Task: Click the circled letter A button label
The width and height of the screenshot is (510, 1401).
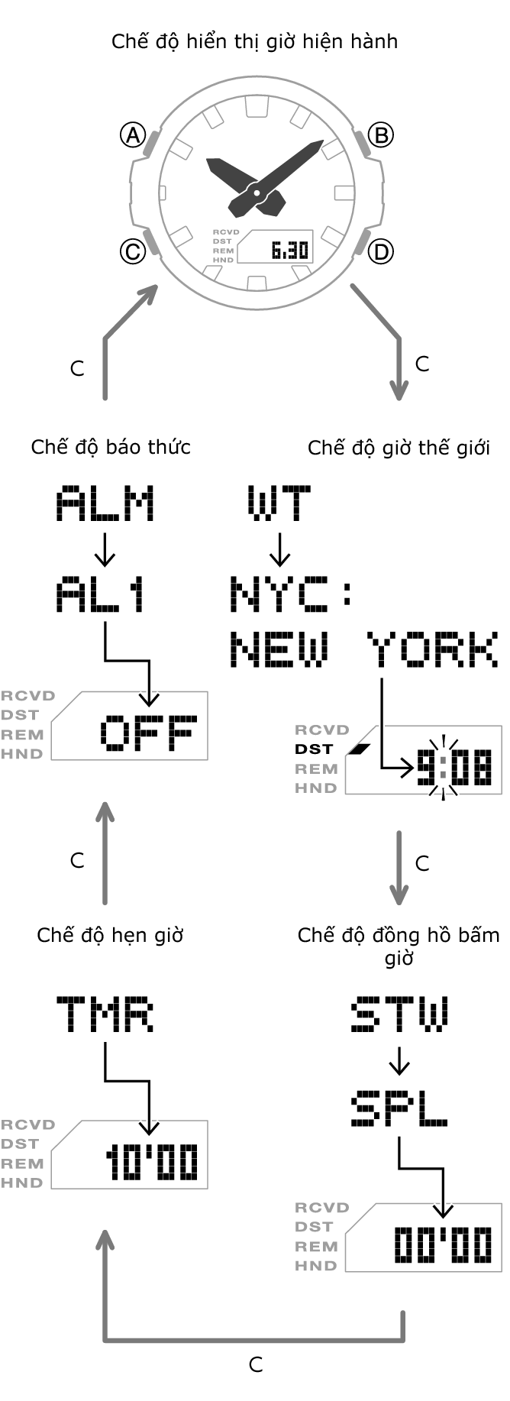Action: coord(133,135)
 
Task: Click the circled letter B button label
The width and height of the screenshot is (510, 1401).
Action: coord(380,135)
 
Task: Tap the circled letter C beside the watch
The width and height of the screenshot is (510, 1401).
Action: coord(133,251)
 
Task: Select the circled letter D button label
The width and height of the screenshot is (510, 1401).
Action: coord(380,251)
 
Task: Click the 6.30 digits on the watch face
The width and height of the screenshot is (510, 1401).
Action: coord(289,251)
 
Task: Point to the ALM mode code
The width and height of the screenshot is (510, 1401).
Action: coord(105,504)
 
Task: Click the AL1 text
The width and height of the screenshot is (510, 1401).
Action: coord(101,595)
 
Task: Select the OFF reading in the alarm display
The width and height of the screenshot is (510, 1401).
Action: coord(148,733)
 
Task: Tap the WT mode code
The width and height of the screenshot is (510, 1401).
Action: coord(279,504)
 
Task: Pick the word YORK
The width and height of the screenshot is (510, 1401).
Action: coord(432,650)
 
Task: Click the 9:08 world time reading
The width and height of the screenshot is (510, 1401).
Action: coord(454,768)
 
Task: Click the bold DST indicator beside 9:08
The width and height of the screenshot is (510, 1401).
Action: coord(314,749)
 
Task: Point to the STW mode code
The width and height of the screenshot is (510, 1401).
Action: coord(399,1014)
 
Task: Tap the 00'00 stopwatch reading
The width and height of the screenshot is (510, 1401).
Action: coord(443,1245)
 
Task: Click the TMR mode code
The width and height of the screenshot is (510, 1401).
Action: coord(105,1014)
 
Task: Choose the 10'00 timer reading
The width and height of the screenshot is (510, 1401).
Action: coord(152,1162)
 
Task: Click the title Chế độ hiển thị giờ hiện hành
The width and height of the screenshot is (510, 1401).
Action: coord(254,40)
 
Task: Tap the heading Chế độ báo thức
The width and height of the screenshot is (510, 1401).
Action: coord(111,447)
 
